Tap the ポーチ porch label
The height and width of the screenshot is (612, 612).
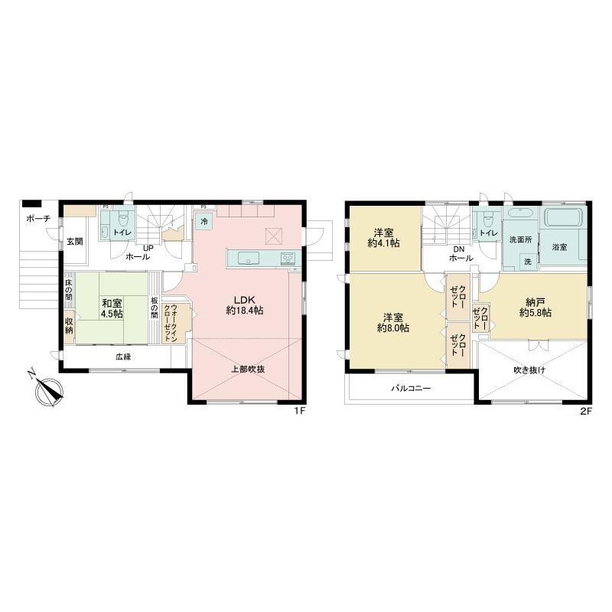(38, 219)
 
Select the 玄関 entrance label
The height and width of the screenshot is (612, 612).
(74, 242)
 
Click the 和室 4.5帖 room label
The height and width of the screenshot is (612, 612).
(112, 308)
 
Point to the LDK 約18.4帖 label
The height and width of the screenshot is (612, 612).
(244, 305)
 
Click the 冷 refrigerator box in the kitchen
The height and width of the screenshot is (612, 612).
(204, 222)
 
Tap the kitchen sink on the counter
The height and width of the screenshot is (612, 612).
(249, 259)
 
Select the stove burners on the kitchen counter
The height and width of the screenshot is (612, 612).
(288, 258)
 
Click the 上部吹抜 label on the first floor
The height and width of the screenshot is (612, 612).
(248, 369)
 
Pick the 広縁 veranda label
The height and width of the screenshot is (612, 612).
(123, 356)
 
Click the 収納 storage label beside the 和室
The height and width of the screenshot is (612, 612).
(69, 327)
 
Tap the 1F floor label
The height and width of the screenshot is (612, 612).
(299, 411)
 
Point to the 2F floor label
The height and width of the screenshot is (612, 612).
(586, 411)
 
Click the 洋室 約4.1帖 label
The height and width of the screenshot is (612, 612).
(383, 238)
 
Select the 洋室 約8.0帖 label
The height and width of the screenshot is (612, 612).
(393, 323)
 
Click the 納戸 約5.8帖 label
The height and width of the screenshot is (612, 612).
(535, 308)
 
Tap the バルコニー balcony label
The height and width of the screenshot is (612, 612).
(411, 389)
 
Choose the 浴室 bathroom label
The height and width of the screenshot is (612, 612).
(559, 247)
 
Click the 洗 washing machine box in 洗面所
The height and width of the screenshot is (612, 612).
(528, 262)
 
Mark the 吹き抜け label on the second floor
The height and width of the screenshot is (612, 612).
(529, 370)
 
